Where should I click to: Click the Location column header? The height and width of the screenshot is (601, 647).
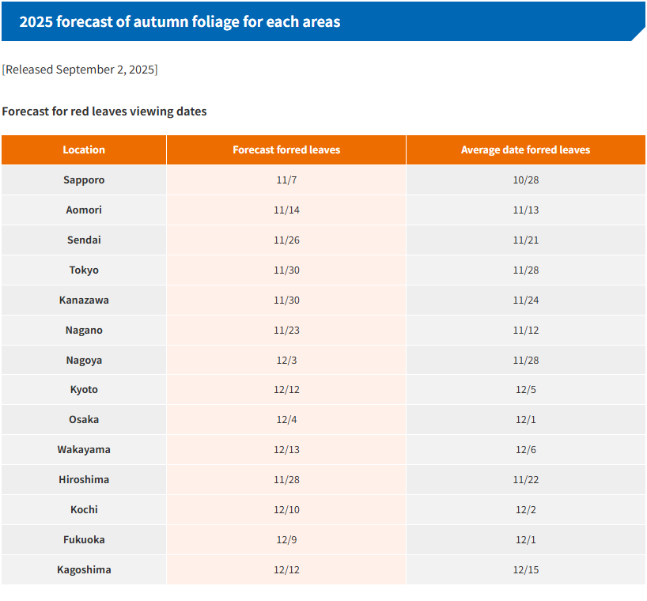point(84,149)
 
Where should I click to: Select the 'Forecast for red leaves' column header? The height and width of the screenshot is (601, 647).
point(286,149)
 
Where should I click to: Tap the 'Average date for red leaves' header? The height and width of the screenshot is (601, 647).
point(525,149)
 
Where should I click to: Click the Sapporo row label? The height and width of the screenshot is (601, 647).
point(84,180)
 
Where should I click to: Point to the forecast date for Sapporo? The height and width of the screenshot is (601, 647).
point(286,180)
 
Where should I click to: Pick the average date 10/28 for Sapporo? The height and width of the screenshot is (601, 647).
point(525,180)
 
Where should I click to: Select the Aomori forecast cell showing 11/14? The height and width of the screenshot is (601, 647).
point(286,210)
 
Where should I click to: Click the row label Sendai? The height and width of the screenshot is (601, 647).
point(84,240)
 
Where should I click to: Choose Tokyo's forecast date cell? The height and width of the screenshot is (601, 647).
point(286,270)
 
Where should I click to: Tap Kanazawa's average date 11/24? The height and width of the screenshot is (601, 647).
point(525,300)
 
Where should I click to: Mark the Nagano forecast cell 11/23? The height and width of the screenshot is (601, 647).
point(286,330)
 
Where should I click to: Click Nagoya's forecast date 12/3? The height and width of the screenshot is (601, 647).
point(286,360)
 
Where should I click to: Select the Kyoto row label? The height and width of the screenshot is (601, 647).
point(84,389)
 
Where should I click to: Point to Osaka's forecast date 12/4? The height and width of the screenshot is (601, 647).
point(286,419)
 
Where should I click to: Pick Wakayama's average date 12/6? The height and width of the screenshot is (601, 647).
point(525,449)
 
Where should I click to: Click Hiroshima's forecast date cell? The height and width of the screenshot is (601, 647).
point(286,479)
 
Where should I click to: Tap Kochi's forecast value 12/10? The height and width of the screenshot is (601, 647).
point(286,509)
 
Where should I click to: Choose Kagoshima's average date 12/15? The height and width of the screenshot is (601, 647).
point(525,569)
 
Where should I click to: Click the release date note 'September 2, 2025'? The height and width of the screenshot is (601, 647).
point(105,70)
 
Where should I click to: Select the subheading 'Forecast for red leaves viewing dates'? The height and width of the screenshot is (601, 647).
point(104,112)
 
